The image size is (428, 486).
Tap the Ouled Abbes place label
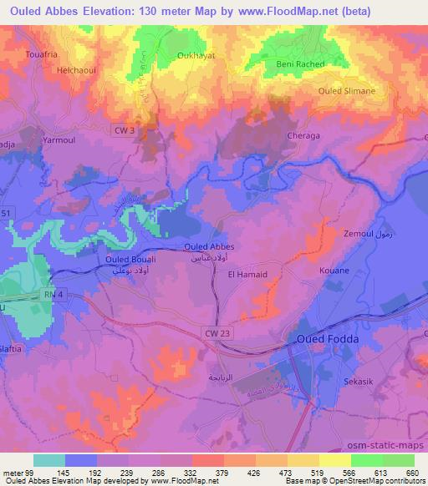(208, 246)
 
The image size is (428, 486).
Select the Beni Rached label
(299, 64)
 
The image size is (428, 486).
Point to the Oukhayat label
(172, 57)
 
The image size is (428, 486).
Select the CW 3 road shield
(122, 129)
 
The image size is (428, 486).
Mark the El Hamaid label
(249, 274)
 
